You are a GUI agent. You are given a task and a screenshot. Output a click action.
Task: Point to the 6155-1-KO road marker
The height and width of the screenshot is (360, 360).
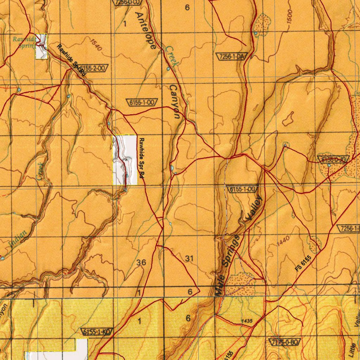tap(97, 332)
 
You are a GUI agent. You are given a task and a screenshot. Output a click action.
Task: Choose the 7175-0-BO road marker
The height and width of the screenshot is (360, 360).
tap(285, 342)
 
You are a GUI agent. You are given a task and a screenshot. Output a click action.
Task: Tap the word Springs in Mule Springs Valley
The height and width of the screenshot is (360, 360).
tap(232, 251)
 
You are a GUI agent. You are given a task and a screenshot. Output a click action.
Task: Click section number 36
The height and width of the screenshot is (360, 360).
tap(141, 262)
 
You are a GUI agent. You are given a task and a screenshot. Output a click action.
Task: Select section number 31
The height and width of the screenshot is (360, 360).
tap(189, 259)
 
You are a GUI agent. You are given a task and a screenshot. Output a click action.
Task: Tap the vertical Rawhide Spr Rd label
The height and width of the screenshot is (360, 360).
tap(141, 159)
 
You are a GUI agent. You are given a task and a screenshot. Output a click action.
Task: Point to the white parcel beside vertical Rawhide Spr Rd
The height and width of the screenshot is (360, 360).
tap(125, 160)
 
